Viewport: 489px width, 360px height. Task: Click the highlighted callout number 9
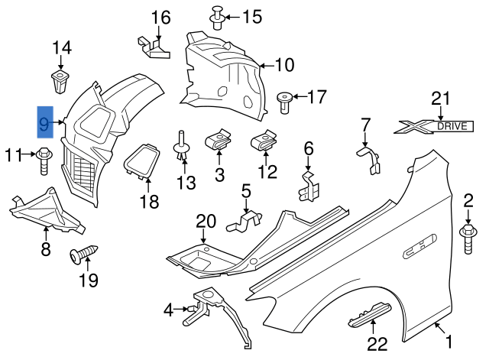pyautogui.click(x=46, y=122)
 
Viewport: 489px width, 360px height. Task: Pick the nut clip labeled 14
pyautogui.click(x=60, y=79)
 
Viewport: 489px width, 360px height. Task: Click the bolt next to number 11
pyautogui.click(x=44, y=157)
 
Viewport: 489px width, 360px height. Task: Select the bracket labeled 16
pyautogui.click(x=155, y=47)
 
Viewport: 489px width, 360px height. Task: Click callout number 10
pyautogui.click(x=284, y=66)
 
